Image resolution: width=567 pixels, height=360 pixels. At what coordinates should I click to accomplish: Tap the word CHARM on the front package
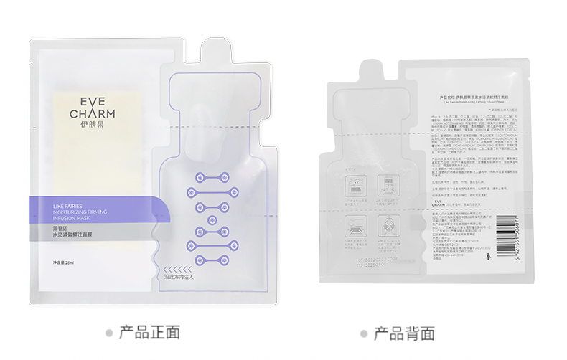[88, 114]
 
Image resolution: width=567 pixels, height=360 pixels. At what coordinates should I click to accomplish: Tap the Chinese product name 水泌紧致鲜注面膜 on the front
[79, 235]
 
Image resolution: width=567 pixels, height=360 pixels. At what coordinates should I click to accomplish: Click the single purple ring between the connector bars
[212, 219]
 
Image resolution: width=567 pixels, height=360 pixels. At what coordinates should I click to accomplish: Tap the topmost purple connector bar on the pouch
[212, 176]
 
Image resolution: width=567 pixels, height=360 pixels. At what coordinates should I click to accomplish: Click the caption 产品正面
[149, 332]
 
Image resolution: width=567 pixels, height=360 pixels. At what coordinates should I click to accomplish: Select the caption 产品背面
[404, 333]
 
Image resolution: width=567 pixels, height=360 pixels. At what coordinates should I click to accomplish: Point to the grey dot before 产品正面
[109, 333]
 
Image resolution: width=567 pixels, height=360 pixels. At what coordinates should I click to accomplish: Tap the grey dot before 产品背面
[364, 333]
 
